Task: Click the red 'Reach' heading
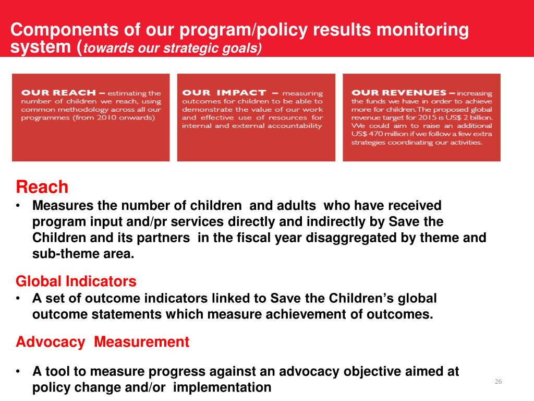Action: click(x=42, y=187)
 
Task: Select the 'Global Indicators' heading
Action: click(x=76, y=282)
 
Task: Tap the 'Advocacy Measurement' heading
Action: click(x=103, y=343)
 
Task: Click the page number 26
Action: click(x=498, y=382)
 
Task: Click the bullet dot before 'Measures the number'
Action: click(x=18, y=206)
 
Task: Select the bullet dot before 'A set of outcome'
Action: click(x=18, y=299)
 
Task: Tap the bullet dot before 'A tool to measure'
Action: click(x=18, y=372)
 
